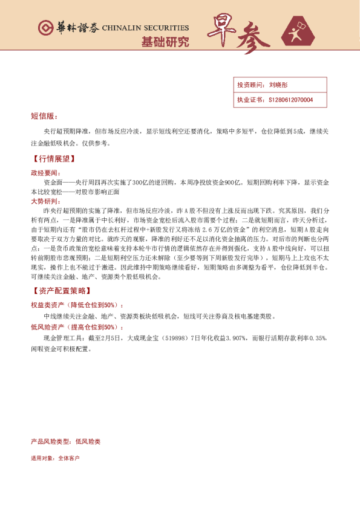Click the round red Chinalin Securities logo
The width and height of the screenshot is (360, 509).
[45, 28]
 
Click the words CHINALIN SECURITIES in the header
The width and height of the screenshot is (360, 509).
[146, 28]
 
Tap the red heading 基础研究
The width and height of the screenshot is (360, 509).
[164, 42]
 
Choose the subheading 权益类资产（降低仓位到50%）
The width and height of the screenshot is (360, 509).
[76, 305]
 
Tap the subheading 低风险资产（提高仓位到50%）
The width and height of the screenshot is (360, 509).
[76, 327]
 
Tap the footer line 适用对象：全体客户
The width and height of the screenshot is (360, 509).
[55, 458]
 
